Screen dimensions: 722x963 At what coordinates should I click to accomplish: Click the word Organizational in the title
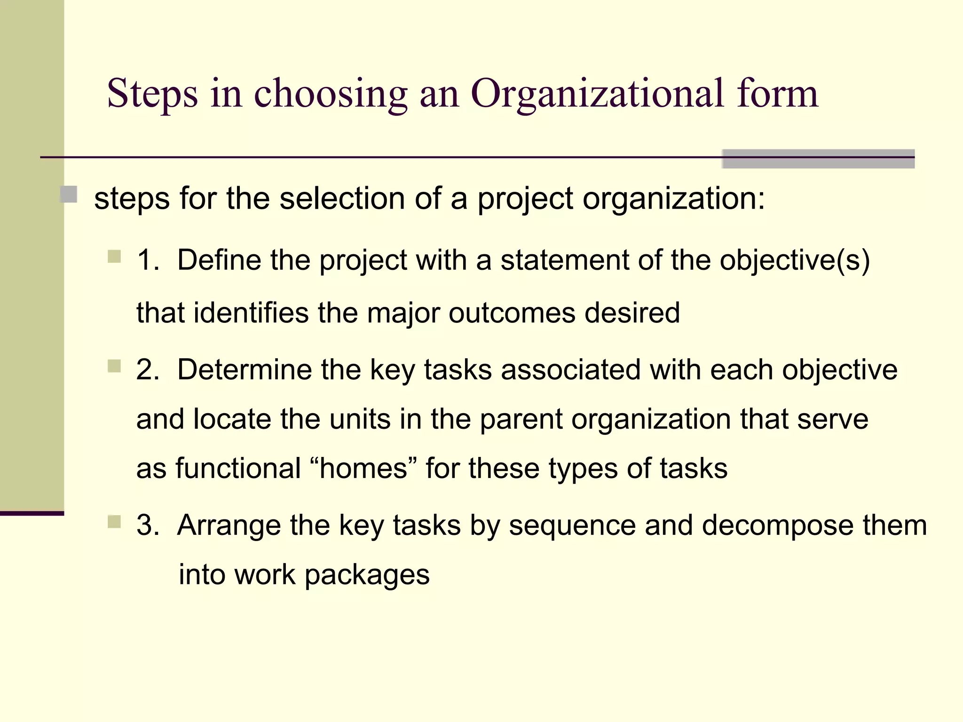(x=597, y=94)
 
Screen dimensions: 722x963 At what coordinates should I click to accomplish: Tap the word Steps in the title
(x=152, y=94)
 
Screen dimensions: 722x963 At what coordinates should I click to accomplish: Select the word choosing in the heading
(x=331, y=94)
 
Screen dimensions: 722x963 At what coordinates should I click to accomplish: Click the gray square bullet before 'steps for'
(x=69, y=195)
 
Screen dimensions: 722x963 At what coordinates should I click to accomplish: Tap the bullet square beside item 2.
(x=114, y=366)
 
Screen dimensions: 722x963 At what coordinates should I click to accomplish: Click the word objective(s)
(x=795, y=260)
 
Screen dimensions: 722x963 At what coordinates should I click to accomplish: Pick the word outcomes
(x=512, y=313)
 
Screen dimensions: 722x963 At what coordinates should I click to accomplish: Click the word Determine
(x=245, y=369)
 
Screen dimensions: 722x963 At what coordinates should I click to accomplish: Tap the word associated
(x=571, y=369)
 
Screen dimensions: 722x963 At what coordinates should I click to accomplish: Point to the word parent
(x=521, y=419)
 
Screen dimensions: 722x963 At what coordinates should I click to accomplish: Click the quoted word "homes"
(x=363, y=468)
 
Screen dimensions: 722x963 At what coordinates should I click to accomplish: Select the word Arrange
(x=229, y=525)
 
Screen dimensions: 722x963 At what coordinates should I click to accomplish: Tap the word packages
(x=367, y=574)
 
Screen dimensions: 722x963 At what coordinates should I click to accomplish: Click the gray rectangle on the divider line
(x=818, y=159)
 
